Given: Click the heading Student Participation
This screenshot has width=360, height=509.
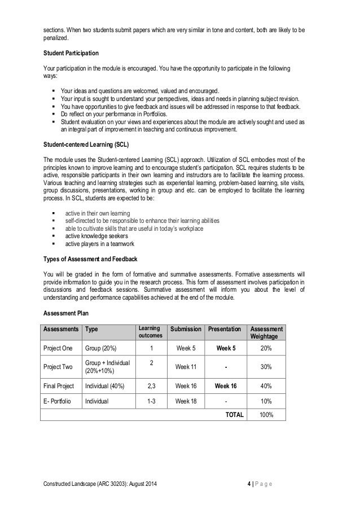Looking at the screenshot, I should pyautogui.click(x=71, y=53).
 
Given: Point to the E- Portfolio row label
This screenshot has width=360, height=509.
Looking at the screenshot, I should pyautogui.click(x=59, y=401).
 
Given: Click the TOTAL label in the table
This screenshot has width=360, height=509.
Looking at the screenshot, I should pyautogui.click(x=235, y=414).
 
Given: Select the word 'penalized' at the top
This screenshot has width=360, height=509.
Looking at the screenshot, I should pyautogui.click(x=56, y=40).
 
